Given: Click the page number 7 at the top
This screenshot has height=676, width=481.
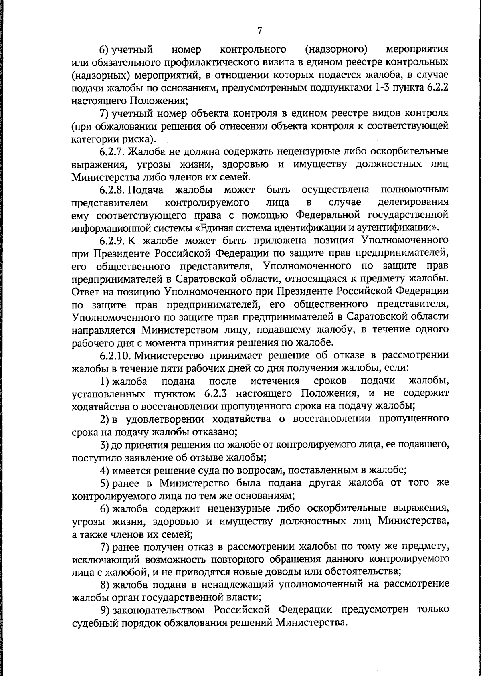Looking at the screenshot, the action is (260, 30).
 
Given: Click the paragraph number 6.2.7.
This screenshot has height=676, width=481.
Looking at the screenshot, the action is (113, 152).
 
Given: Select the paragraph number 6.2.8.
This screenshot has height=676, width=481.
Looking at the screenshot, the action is (113, 190).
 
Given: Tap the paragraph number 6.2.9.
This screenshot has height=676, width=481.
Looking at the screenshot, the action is (113, 241).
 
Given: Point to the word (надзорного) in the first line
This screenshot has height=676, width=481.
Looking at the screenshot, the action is (336, 50).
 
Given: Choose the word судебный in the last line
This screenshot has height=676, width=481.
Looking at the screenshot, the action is (93, 623).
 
